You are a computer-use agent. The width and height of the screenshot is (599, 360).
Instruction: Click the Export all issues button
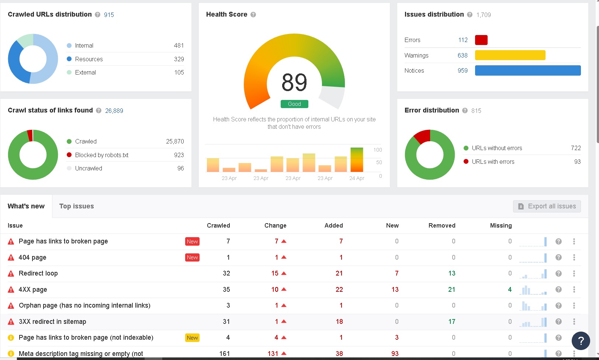click(x=547, y=206)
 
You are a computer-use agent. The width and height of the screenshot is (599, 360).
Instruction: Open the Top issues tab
click(x=76, y=206)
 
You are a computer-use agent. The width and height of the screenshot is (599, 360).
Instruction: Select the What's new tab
click(x=26, y=206)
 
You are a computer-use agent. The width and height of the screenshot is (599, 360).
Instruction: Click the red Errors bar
click(x=481, y=40)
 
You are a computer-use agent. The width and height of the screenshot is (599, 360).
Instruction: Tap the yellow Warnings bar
click(x=510, y=55)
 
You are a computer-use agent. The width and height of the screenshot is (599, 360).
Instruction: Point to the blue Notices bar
click(x=528, y=70)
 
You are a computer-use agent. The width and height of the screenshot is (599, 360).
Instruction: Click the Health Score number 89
click(x=294, y=82)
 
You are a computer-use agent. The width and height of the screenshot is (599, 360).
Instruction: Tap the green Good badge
click(x=294, y=104)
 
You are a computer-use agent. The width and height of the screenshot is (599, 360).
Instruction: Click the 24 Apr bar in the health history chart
click(x=357, y=160)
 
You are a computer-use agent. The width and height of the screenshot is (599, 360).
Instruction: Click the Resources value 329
click(x=179, y=59)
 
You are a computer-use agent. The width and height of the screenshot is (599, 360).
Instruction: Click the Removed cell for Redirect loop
click(x=452, y=273)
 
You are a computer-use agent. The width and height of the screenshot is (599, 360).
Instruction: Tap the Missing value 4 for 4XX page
click(x=510, y=290)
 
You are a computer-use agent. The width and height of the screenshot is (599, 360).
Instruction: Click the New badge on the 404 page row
click(x=192, y=257)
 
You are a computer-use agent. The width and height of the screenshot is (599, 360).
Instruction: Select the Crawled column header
click(x=218, y=225)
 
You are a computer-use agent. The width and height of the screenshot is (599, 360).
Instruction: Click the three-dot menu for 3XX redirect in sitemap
click(x=574, y=322)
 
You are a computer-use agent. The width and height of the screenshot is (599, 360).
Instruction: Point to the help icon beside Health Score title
click(x=253, y=15)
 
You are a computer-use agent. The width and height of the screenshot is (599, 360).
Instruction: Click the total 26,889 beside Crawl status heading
click(x=114, y=111)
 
